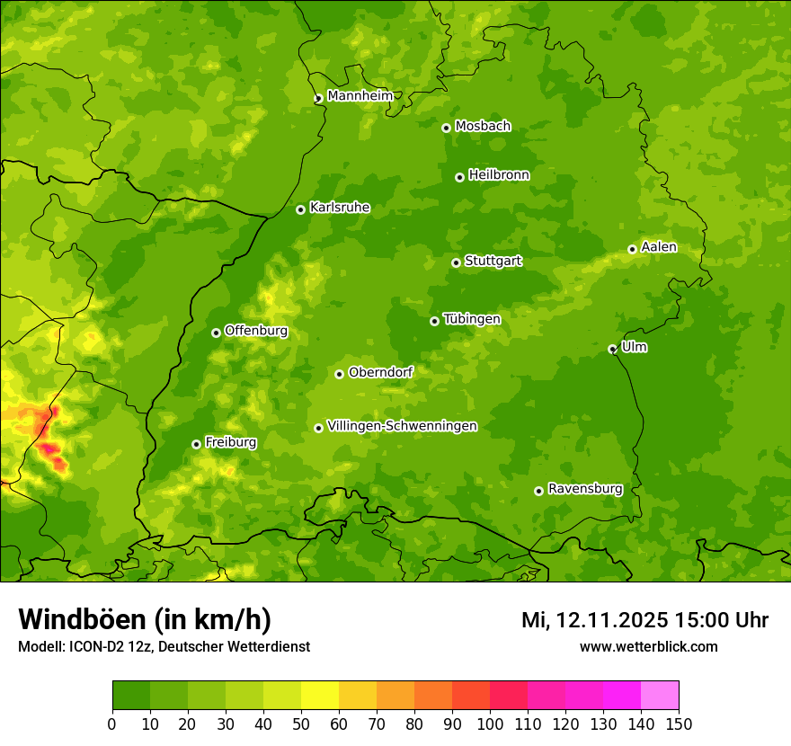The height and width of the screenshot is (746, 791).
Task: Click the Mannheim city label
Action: click(x=360, y=96)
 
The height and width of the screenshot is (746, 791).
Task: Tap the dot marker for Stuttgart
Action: click(x=456, y=262)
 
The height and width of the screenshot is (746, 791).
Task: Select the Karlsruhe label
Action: click(x=339, y=208)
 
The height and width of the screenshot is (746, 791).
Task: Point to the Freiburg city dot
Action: click(x=196, y=444)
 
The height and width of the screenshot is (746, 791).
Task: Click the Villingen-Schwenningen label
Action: click(x=402, y=426)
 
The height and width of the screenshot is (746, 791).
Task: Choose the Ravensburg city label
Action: click(x=584, y=489)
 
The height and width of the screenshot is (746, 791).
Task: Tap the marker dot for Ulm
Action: click(x=612, y=349)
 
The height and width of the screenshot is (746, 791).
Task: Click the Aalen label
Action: click(x=658, y=247)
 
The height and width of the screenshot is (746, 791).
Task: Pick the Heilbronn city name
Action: click(x=499, y=175)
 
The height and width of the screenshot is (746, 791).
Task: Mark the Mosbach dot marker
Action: click(x=446, y=128)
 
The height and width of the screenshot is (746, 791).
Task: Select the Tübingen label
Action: click(x=471, y=319)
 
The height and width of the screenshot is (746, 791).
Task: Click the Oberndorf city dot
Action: click(x=339, y=374)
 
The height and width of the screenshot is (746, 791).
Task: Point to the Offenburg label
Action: click(x=255, y=331)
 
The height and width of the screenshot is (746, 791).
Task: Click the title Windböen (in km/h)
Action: click(x=144, y=619)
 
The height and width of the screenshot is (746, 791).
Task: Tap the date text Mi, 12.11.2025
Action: click(x=594, y=620)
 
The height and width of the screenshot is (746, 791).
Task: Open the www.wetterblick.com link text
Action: click(x=648, y=646)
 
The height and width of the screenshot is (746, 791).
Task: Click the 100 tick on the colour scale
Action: click(x=490, y=724)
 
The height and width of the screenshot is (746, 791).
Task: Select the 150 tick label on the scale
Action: click(x=679, y=724)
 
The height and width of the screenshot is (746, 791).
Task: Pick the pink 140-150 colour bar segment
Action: click(x=660, y=696)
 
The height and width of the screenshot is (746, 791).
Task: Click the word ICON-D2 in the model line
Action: click(x=95, y=646)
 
